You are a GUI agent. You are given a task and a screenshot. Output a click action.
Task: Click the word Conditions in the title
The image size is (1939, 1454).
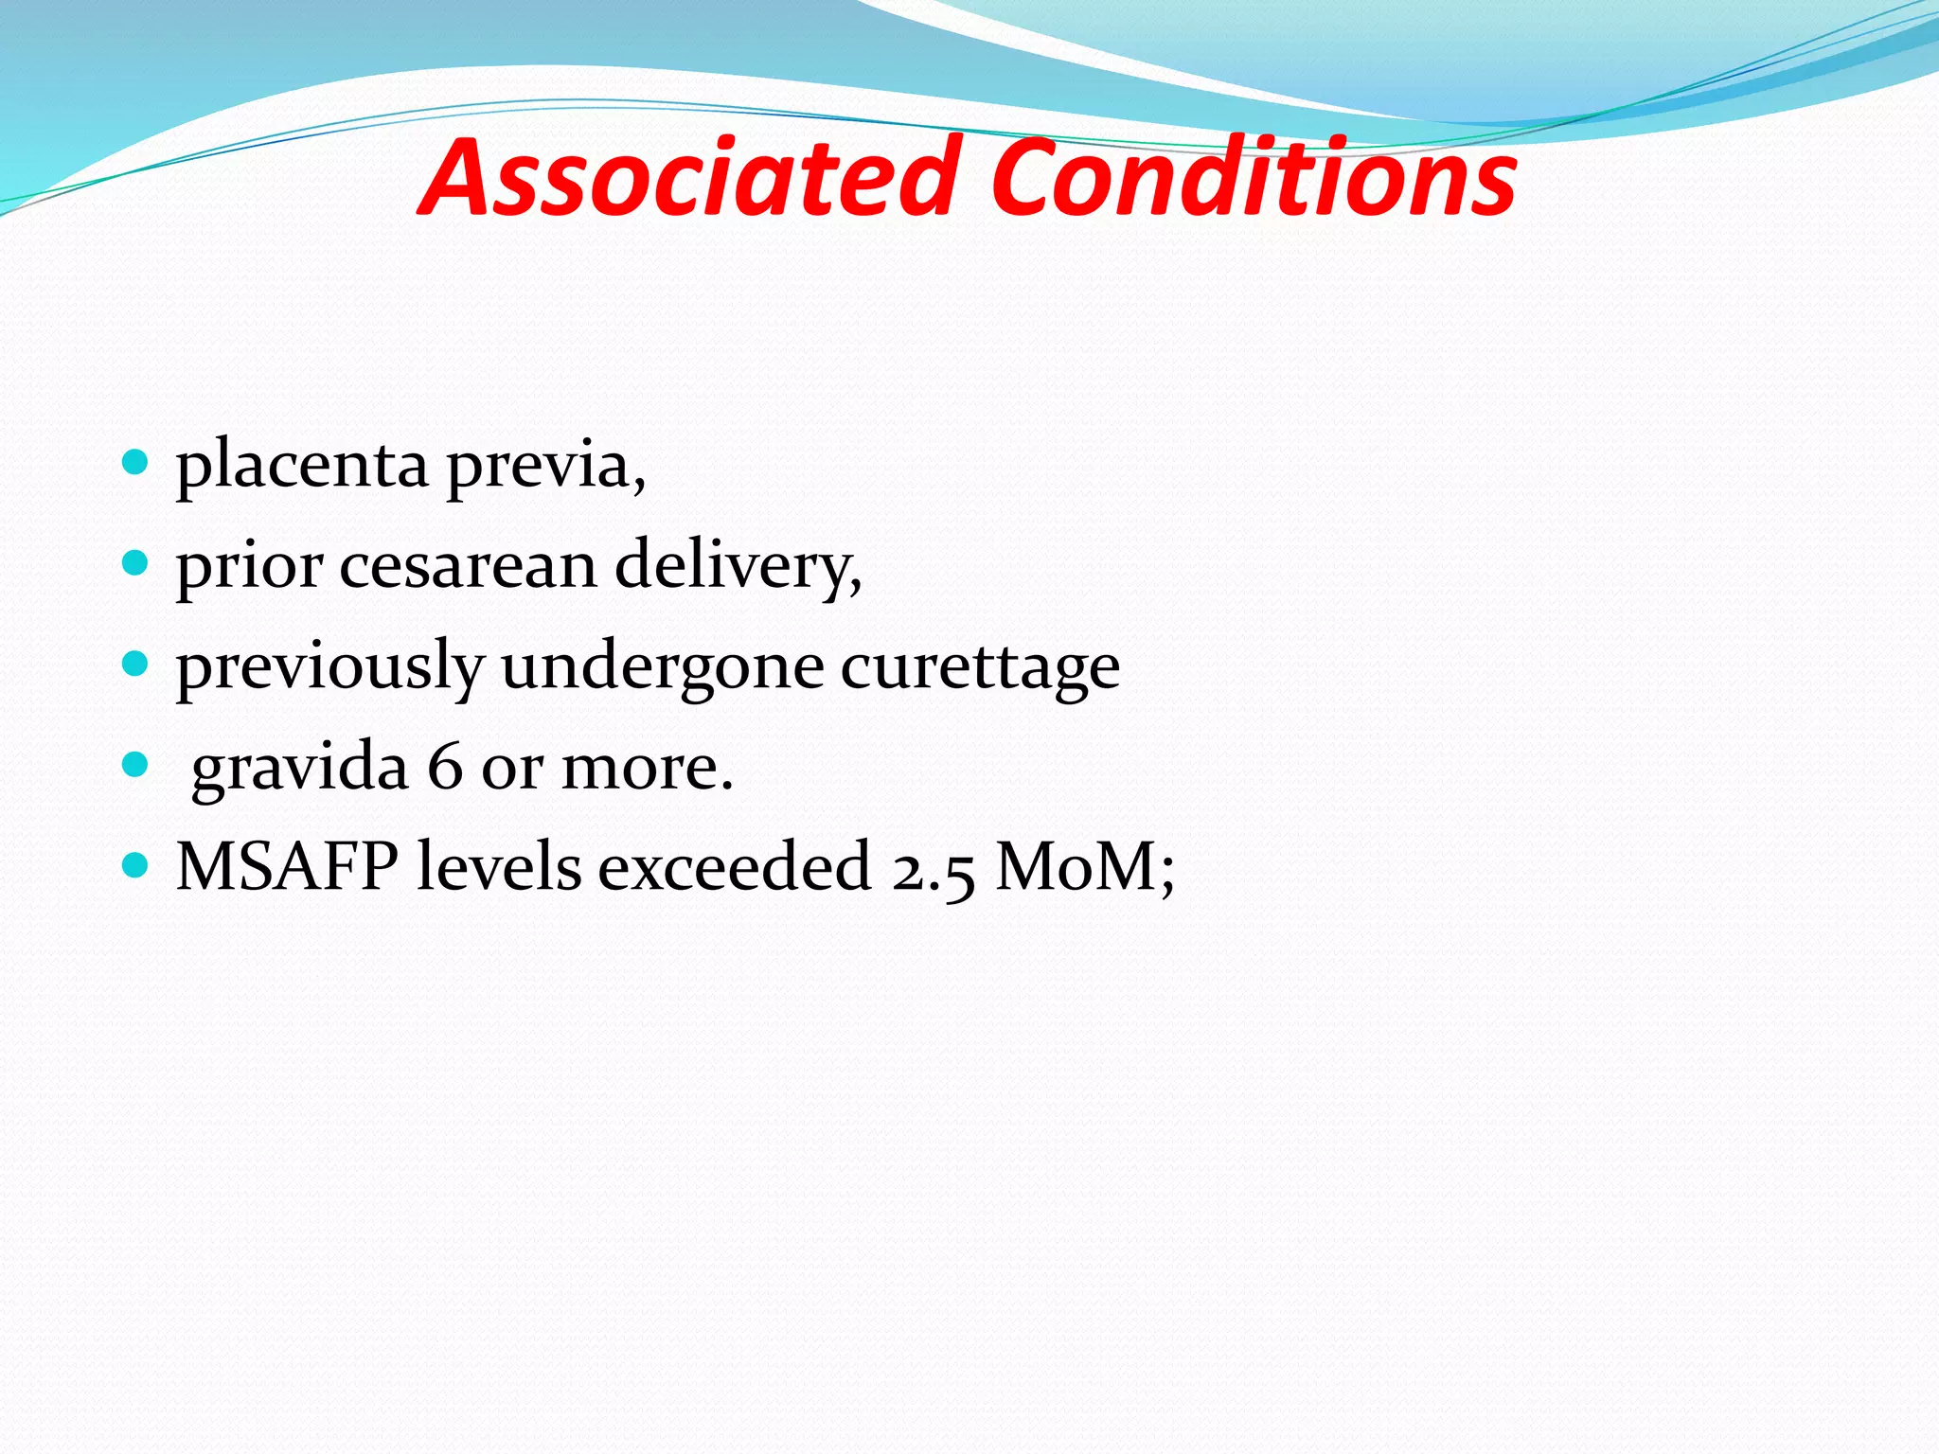(1254, 178)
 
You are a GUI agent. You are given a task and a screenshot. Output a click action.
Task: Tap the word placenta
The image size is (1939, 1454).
(302, 466)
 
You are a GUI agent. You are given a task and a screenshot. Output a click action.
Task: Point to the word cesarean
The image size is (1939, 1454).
(468, 566)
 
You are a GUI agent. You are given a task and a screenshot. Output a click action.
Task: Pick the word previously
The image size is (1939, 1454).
(330, 667)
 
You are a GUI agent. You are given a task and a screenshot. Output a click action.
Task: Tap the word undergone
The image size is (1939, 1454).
(663, 667)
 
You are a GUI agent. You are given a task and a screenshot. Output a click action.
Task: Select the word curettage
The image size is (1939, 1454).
(980, 667)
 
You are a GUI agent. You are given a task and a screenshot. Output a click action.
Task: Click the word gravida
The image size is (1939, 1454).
(299, 768)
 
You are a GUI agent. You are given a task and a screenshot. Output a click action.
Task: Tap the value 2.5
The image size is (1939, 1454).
(933, 867)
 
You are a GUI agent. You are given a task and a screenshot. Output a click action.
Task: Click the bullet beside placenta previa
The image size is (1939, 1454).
(136, 463)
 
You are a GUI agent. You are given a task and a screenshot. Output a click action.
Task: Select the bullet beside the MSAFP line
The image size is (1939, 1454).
(136, 864)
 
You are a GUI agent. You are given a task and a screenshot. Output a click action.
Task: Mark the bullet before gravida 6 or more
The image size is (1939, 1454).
(136, 764)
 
